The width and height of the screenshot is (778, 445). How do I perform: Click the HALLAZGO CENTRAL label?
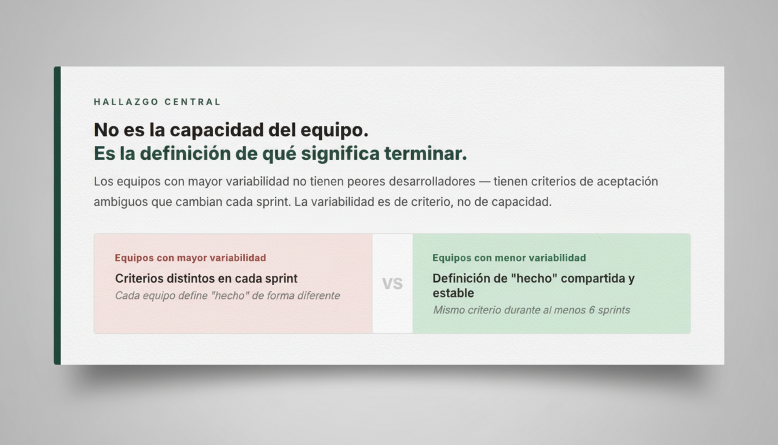pos(157,102)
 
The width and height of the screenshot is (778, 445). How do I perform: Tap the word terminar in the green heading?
pos(425,153)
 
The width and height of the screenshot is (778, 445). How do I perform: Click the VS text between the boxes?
pos(392,284)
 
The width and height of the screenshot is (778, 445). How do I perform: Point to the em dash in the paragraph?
pos(484,182)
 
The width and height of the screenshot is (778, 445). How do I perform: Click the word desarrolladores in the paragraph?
pos(432,181)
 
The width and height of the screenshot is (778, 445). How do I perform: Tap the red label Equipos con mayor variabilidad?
pos(190,258)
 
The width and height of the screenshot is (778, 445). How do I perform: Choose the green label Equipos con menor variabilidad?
pos(509,258)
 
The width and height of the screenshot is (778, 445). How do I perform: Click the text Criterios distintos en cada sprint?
pos(206,278)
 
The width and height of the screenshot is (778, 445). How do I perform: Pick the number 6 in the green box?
pos(592,310)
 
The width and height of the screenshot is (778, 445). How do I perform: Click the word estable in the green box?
pos(453,293)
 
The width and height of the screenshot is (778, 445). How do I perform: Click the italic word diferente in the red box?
pos(318,295)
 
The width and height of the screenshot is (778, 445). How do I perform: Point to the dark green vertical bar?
pos(57,216)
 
